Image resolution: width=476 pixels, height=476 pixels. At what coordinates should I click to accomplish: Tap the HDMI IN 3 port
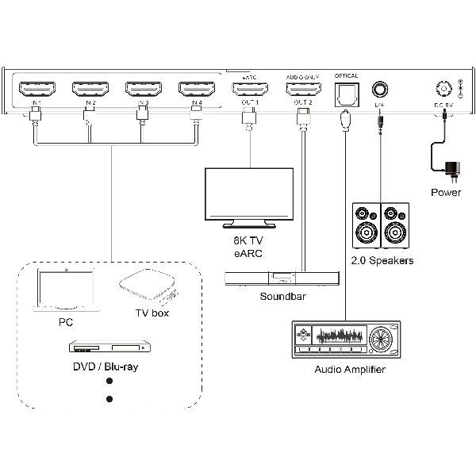tap(142, 89)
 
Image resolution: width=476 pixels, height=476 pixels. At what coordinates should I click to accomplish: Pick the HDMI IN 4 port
tap(196, 89)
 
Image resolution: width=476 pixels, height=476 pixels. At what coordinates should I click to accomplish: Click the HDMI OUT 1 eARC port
tap(248, 89)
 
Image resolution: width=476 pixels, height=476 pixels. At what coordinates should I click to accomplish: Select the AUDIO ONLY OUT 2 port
tap(302, 89)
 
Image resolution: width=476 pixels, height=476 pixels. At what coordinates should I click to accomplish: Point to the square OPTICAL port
tap(347, 92)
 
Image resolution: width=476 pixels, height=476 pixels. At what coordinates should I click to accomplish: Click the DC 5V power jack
tap(442, 88)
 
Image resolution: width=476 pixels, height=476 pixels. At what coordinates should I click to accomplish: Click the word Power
tap(445, 192)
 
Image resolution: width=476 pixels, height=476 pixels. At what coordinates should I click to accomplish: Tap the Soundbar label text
tap(282, 297)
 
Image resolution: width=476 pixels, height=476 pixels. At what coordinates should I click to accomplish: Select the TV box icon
tap(148, 288)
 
